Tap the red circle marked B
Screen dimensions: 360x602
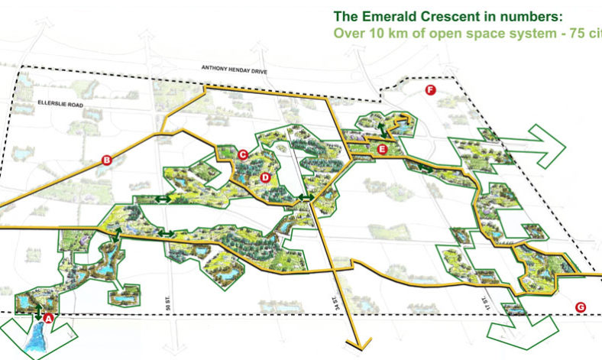107,160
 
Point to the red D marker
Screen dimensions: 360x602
264,177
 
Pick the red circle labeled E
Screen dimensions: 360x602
382,150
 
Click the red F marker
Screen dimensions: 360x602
429,91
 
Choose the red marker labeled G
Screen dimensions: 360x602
581,307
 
